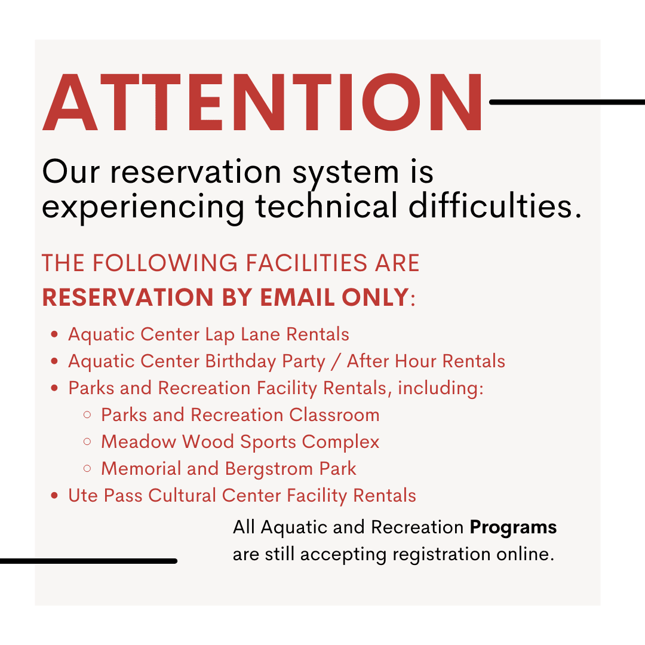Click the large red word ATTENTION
(x=263, y=102)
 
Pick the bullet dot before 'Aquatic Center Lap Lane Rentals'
(x=55, y=334)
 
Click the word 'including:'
(x=441, y=388)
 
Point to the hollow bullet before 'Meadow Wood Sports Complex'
(x=88, y=442)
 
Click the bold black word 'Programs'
(x=513, y=527)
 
